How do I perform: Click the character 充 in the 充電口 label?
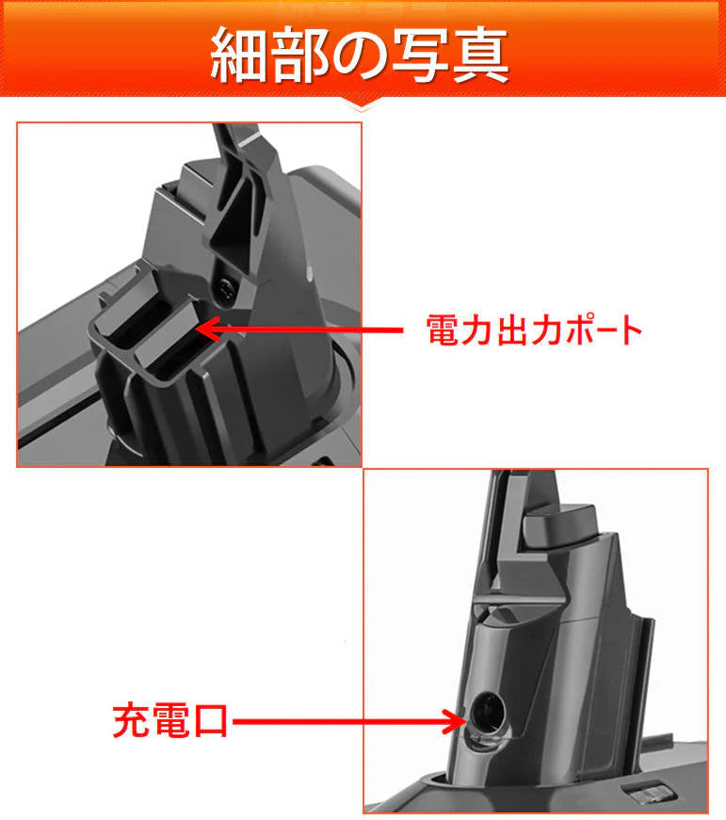(x=130, y=723)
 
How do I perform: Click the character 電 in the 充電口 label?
(x=171, y=723)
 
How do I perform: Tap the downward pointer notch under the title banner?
(x=362, y=104)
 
